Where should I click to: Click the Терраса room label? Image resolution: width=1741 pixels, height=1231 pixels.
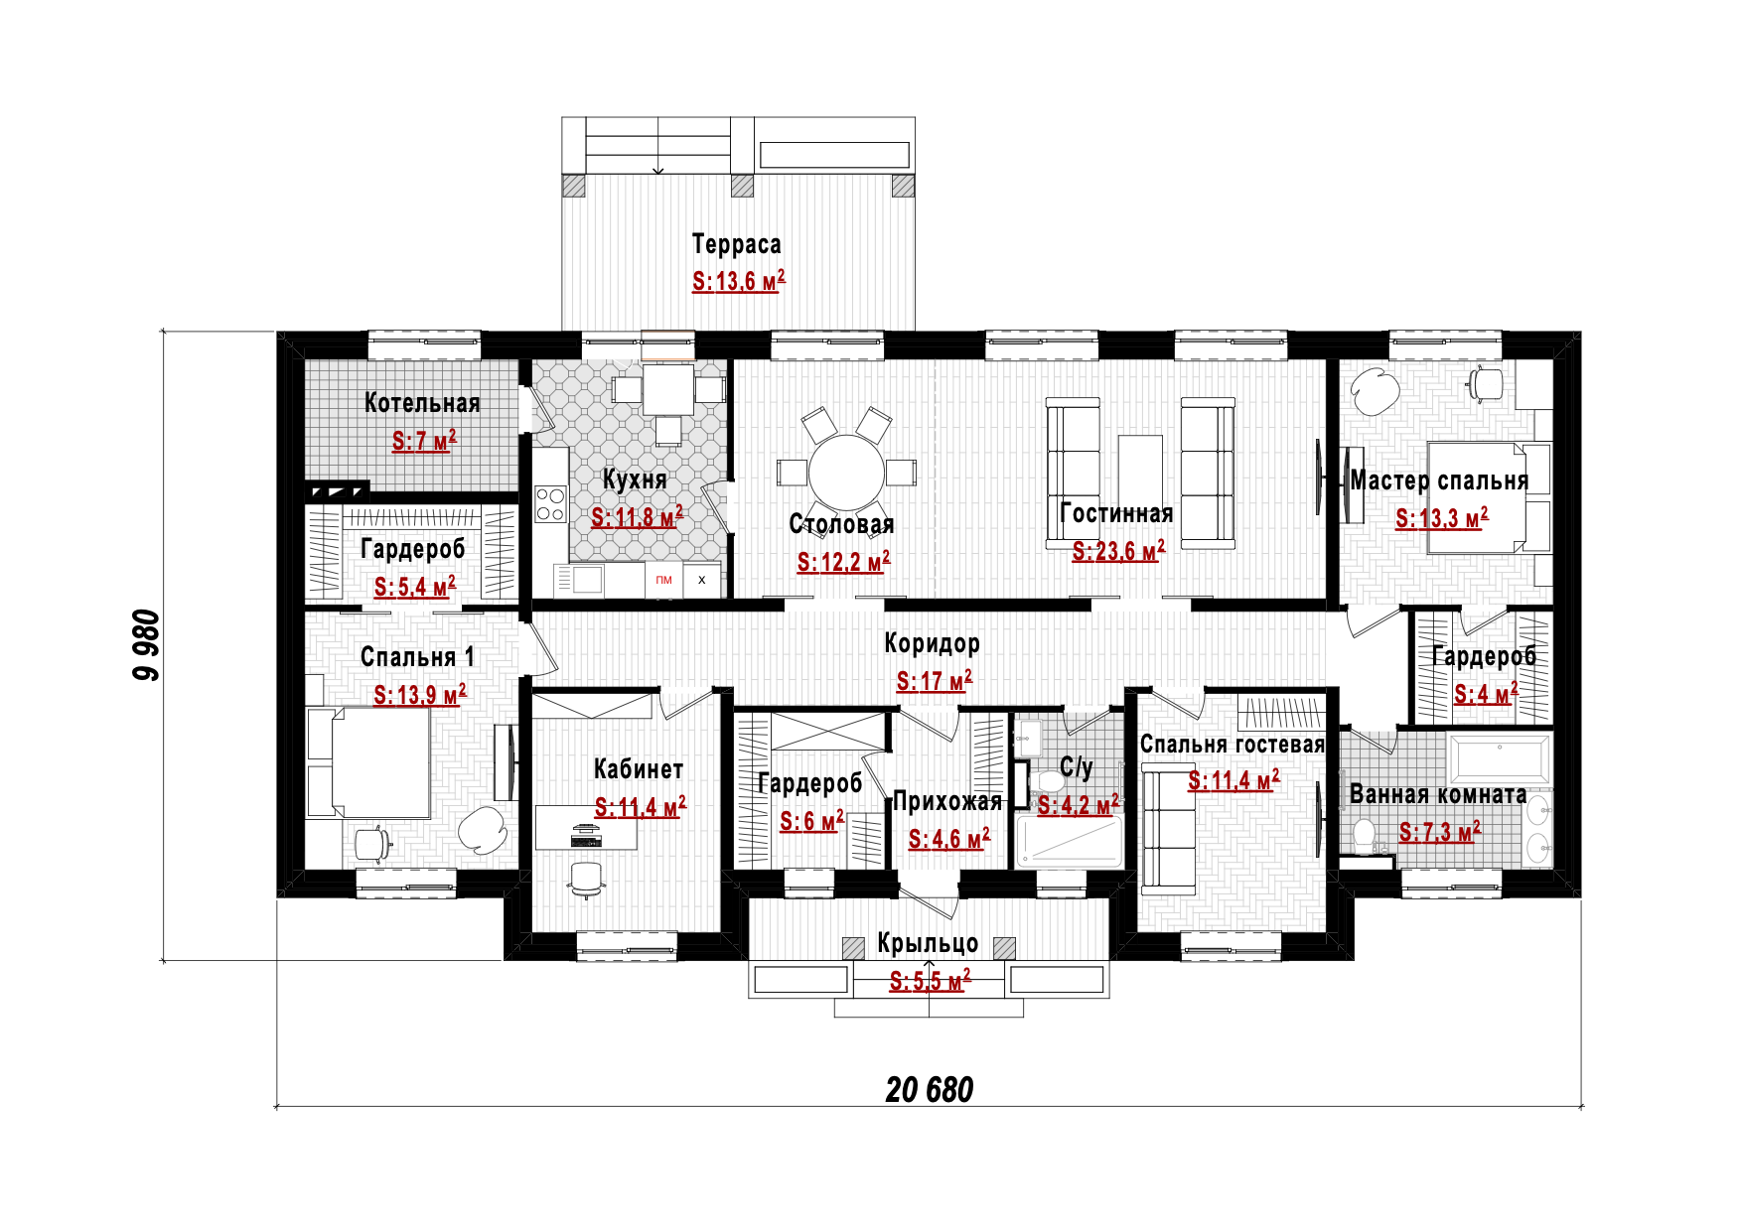coord(736,244)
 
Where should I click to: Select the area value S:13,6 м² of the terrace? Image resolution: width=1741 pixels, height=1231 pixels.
coord(738,281)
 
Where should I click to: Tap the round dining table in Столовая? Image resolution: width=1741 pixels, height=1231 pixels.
coord(846,473)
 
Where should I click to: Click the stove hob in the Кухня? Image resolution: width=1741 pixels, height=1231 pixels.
coord(550,503)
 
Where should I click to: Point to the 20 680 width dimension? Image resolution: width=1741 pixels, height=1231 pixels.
coord(929,1090)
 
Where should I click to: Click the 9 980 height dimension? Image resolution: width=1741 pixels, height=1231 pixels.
coord(146,644)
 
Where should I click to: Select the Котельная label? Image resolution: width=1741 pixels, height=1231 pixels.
coord(422,403)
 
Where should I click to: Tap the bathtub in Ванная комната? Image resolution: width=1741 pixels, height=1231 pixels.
coord(1499,760)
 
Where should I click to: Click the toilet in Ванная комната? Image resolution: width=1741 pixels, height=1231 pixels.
coord(1365,835)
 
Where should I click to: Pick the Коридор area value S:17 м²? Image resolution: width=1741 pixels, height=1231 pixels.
coord(934,681)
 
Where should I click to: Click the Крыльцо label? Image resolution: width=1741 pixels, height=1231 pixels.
coord(928,944)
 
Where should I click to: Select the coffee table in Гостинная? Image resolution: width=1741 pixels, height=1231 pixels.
coord(1140,472)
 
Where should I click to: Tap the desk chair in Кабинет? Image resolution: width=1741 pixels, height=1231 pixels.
coord(586,879)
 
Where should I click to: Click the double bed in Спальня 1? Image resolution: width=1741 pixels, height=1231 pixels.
coord(368,761)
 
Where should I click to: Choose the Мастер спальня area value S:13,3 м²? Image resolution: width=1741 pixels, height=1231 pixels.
coord(1441,518)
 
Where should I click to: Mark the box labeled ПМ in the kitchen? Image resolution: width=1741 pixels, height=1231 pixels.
coord(664,581)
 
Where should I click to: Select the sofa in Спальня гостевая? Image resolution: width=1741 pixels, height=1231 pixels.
coord(1168,829)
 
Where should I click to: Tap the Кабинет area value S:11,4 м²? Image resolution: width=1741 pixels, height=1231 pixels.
coord(640,808)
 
